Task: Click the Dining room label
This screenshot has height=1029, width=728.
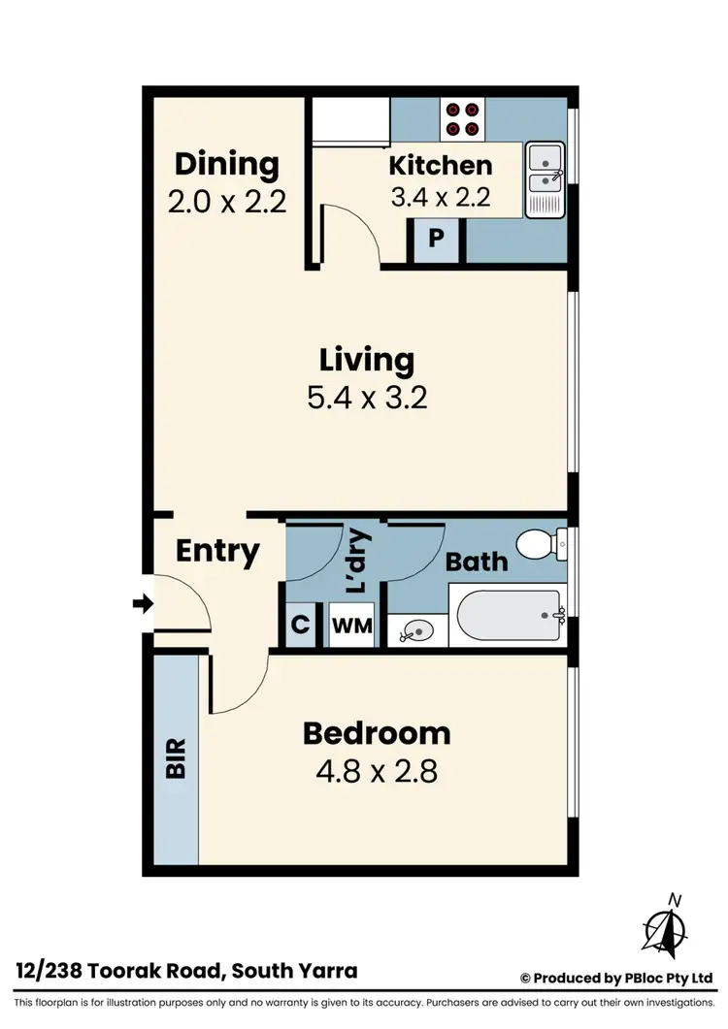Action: tap(226, 164)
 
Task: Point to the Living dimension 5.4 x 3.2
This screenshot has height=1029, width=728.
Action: tap(367, 398)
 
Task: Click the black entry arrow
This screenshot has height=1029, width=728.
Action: tap(143, 604)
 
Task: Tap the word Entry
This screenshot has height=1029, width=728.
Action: tap(217, 551)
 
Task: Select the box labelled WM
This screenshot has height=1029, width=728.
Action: tap(351, 626)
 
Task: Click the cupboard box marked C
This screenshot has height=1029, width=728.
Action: tap(301, 626)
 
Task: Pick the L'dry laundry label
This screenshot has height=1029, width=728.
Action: tap(356, 562)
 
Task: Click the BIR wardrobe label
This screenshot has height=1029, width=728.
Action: tap(177, 758)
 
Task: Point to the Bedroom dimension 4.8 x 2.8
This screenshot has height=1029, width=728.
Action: tap(376, 772)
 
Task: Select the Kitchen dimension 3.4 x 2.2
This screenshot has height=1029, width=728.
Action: tap(440, 197)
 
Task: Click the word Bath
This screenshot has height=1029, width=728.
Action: tap(477, 561)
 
